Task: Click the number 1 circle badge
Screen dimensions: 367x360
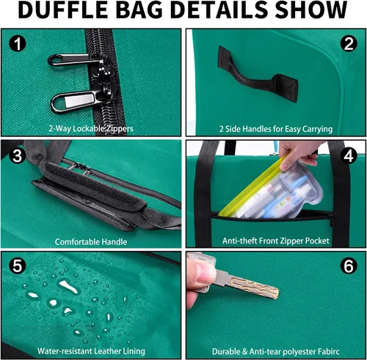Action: point(18,43)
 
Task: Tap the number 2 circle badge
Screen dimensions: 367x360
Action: point(349,43)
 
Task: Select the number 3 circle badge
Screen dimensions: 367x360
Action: point(18,155)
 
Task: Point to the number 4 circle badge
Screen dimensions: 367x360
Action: point(349,155)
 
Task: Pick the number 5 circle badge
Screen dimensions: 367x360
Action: point(18,265)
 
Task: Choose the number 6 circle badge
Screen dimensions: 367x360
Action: point(349,265)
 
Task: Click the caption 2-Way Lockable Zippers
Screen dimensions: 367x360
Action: point(91,128)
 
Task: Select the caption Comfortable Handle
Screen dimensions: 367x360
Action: point(91,242)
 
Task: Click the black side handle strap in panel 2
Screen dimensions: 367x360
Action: point(257,76)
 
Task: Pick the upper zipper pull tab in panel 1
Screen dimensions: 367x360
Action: point(73,60)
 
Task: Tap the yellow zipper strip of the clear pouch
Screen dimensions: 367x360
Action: point(255,183)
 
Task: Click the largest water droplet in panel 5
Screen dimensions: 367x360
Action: point(68,287)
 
